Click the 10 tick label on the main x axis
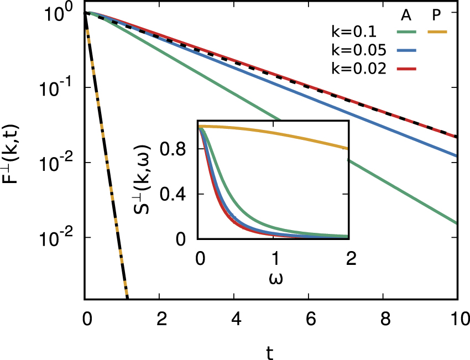[457, 319]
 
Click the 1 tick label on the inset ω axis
[275, 258]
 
